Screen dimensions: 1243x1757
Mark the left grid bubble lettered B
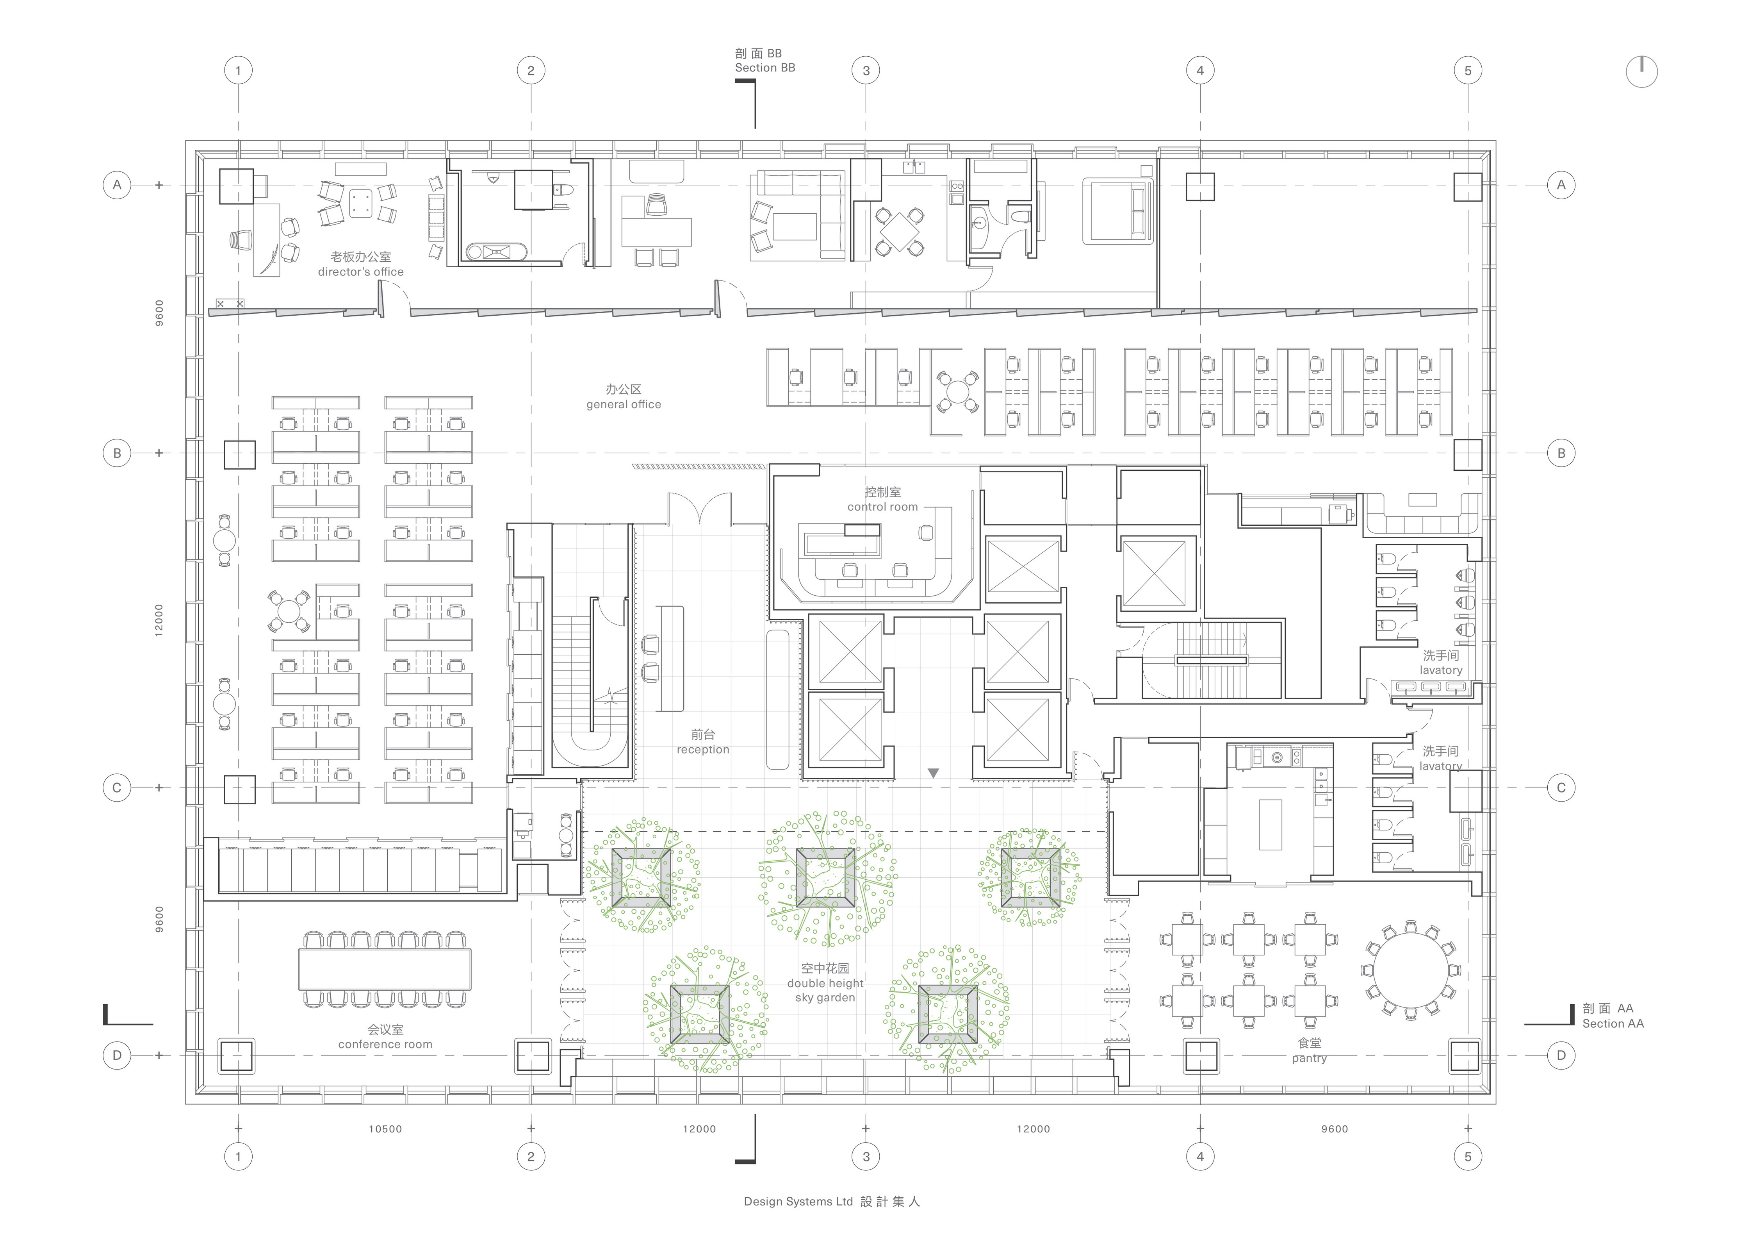coord(117,453)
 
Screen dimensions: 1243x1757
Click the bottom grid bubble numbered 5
coord(1467,1157)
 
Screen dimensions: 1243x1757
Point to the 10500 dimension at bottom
coord(385,1129)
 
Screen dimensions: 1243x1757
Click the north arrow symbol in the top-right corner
coord(1641,71)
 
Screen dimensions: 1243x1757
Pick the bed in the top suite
coord(1117,211)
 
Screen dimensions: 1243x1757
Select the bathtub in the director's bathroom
coord(497,251)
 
